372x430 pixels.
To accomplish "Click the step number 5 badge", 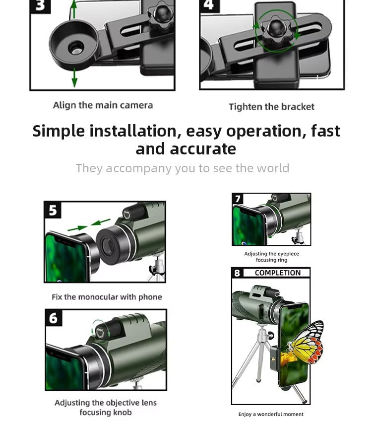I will [53, 210].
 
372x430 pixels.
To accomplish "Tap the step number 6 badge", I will [54, 317].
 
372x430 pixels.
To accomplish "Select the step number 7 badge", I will [238, 199].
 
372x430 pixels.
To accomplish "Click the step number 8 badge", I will [237, 273].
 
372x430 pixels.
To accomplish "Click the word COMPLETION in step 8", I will [277, 273].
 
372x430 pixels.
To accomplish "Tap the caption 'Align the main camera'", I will [103, 105].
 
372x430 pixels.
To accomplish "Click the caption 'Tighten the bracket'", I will [271, 107].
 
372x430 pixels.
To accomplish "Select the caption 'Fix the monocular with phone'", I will [107, 297].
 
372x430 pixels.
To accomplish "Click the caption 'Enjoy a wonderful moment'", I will [271, 414].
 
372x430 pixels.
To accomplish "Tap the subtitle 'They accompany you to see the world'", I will [182, 168].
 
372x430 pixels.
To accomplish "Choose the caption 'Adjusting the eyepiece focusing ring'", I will [271, 257].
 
